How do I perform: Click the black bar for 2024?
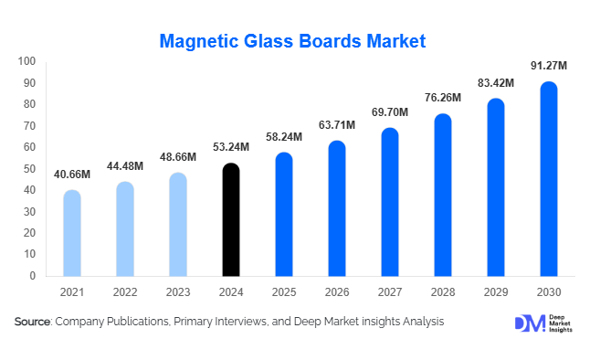click(x=232, y=220)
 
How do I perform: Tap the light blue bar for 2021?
click(x=72, y=233)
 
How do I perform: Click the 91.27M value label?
click(x=549, y=66)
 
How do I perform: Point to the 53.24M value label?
click(x=231, y=148)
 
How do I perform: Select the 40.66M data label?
click(x=72, y=174)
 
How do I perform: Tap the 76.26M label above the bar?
click(x=443, y=99)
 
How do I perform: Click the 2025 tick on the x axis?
click(x=284, y=293)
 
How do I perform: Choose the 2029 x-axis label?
click(x=496, y=293)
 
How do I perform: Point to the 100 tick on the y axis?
click(x=26, y=62)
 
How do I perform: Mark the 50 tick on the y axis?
click(x=29, y=169)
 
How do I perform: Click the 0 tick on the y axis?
click(x=32, y=276)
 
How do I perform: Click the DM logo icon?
click(x=528, y=323)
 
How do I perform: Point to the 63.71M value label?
click(x=337, y=123)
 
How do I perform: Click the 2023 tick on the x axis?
click(x=178, y=293)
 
